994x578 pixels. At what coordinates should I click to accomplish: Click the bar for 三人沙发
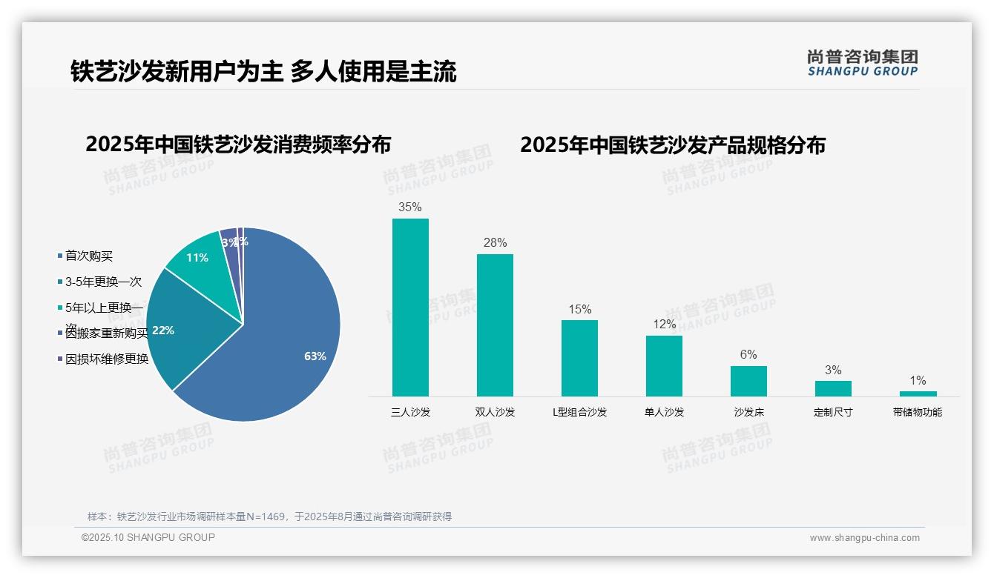(410, 307)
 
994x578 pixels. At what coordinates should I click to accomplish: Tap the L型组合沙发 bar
(579, 358)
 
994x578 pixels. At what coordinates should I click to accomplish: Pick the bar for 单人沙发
(664, 365)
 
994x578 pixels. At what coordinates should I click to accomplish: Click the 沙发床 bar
(748, 381)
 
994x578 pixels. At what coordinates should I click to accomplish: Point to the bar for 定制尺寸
(833, 388)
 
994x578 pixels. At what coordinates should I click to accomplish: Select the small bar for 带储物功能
(918, 393)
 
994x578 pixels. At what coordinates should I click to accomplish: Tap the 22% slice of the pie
(178, 326)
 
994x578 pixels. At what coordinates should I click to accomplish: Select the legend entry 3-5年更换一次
(103, 282)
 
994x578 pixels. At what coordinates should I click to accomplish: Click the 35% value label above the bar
(410, 207)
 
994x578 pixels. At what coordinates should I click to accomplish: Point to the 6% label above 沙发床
(748, 355)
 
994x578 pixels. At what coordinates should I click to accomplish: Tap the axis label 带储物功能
(918, 412)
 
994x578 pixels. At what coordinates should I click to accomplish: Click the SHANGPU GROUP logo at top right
(863, 64)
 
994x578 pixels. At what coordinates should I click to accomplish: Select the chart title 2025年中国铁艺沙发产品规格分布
(672, 145)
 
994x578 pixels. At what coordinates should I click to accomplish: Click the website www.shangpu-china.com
(864, 538)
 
